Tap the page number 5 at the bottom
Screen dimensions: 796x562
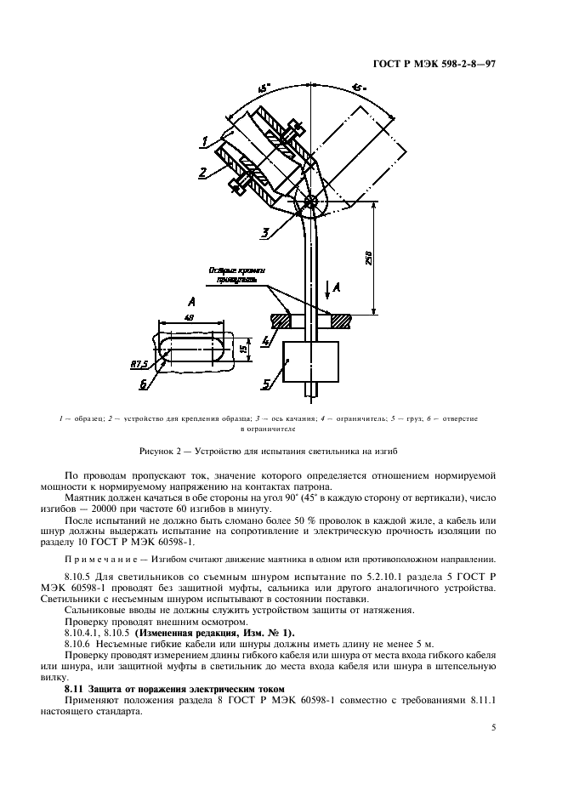click(493, 728)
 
